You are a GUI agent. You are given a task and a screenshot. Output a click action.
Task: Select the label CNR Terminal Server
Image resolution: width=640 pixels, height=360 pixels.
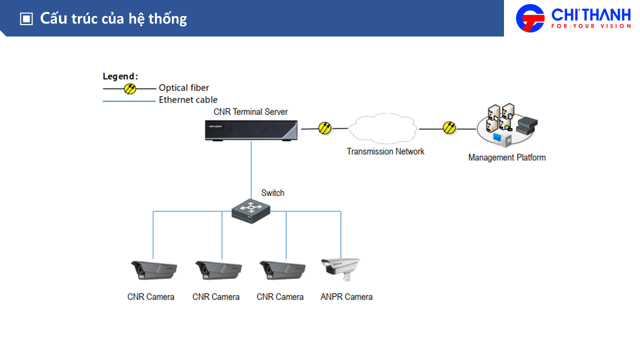point(250,112)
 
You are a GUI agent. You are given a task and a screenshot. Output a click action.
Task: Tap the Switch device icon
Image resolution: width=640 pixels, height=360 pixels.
point(251,210)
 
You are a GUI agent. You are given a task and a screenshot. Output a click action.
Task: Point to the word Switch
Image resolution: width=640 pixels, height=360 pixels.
point(272,193)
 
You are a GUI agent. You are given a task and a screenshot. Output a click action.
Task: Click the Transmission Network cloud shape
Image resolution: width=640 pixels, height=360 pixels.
point(382,129)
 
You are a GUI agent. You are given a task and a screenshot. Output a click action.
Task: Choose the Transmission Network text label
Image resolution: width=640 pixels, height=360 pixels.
point(385,151)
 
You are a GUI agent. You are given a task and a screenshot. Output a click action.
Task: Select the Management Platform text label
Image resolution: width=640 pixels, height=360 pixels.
point(506,157)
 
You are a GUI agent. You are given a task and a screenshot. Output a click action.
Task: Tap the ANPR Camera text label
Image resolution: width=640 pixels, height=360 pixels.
point(346,297)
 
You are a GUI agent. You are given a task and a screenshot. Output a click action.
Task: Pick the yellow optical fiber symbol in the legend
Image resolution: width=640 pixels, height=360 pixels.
point(130,88)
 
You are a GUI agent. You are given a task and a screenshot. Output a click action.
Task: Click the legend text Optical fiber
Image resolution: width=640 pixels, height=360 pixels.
point(184,88)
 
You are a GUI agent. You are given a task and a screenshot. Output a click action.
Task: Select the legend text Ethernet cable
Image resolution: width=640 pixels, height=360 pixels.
point(188,100)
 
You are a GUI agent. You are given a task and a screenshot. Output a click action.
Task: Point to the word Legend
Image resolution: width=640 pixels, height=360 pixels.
point(120,76)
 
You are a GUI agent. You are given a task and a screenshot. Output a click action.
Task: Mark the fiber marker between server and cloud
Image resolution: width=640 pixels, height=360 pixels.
point(325,128)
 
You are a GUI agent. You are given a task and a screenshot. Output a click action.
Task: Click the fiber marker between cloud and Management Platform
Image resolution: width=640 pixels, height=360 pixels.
point(449,128)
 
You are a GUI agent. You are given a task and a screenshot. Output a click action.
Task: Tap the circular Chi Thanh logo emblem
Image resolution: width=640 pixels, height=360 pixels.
point(530,18)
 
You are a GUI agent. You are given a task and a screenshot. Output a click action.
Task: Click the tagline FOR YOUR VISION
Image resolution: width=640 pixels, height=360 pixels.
point(591,26)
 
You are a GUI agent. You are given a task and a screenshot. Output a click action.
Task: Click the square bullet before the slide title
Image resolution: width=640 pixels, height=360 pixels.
point(26,19)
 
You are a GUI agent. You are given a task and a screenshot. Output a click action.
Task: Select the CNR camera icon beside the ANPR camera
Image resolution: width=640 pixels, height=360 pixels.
point(282,270)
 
